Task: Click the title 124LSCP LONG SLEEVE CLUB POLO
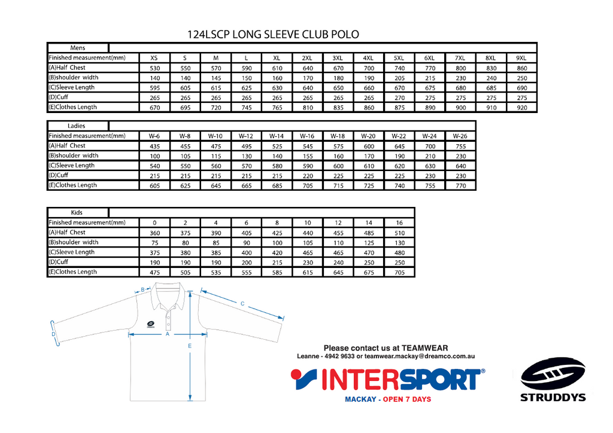[x=273, y=34]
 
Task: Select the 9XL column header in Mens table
[x=521, y=58]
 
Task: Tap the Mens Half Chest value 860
[x=522, y=68]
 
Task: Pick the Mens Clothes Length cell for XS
[x=155, y=108]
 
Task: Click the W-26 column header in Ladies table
[x=460, y=136]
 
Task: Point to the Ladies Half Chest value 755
[x=461, y=146]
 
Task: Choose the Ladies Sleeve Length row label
[x=72, y=165]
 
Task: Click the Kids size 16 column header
[x=399, y=222]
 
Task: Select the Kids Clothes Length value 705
[x=399, y=272]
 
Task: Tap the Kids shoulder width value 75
[x=155, y=242]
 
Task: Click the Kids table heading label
[x=77, y=212]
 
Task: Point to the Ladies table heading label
[x=76, y=126]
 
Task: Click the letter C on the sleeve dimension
[x=242, y=303]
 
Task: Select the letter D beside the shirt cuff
[x=53, y=334]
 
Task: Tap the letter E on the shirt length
[x=190, y=346]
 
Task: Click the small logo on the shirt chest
[x=150, y=325]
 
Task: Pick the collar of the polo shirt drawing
[x=168, y=296]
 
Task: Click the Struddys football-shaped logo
[x=553, y=374]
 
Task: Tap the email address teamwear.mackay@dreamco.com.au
[x=420, y=356]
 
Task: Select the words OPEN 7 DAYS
[x=407, y=400]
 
